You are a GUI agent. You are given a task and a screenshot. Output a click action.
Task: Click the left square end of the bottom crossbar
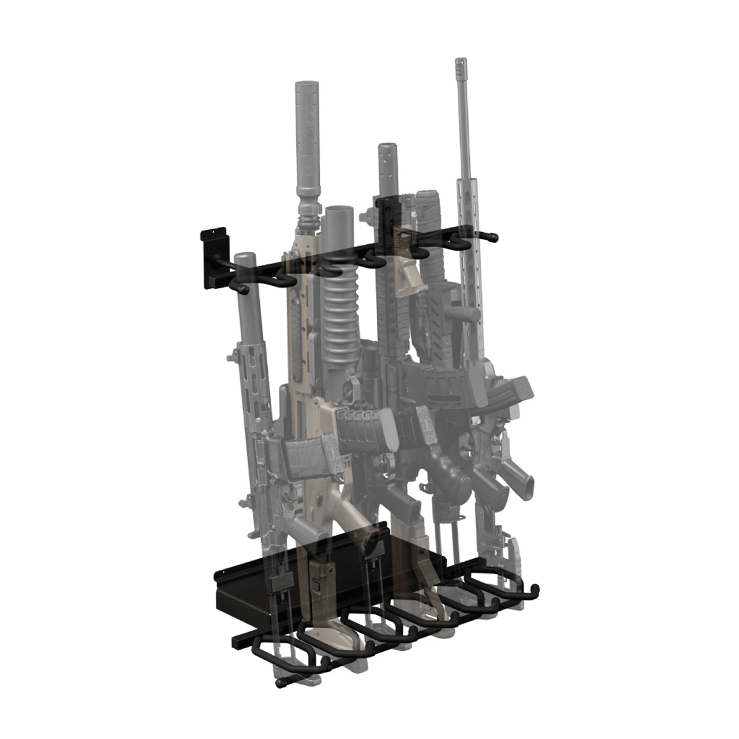click(238, 641)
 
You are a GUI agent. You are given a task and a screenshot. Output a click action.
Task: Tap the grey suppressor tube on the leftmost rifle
click(248, 289)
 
